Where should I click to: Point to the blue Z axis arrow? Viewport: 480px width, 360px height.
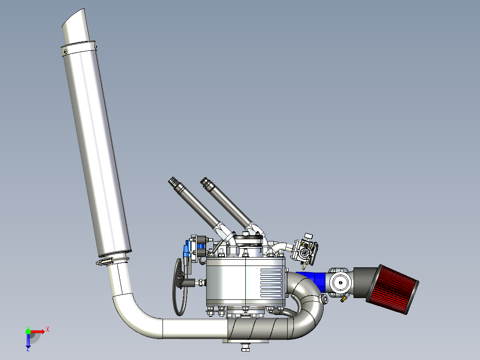point(28,341)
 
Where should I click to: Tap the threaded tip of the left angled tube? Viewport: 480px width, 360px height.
point(172,181)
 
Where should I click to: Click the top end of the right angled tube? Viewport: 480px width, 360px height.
point(205,181)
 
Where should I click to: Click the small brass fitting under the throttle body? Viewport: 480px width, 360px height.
point(343,299)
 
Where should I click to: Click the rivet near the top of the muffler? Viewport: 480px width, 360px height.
point(65,52)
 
